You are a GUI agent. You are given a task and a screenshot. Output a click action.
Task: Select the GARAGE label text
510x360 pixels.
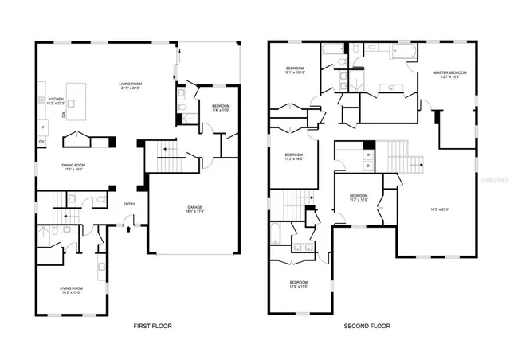tap(194, 207)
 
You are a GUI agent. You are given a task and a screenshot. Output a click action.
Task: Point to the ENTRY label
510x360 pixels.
tap(128, 205)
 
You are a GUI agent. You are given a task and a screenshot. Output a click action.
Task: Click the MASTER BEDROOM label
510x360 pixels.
tap(450, 72)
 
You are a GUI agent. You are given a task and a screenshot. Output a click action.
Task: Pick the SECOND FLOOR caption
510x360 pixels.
tap(366, 326)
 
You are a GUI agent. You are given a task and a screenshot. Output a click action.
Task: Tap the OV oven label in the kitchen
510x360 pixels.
tap(42, 142)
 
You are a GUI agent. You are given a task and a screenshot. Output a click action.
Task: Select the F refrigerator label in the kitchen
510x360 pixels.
tap(42, 127)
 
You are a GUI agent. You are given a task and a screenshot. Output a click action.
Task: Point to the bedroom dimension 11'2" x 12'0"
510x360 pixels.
tap(359, 200)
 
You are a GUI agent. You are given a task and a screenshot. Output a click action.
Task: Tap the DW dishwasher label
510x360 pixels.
tap(65, 115)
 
